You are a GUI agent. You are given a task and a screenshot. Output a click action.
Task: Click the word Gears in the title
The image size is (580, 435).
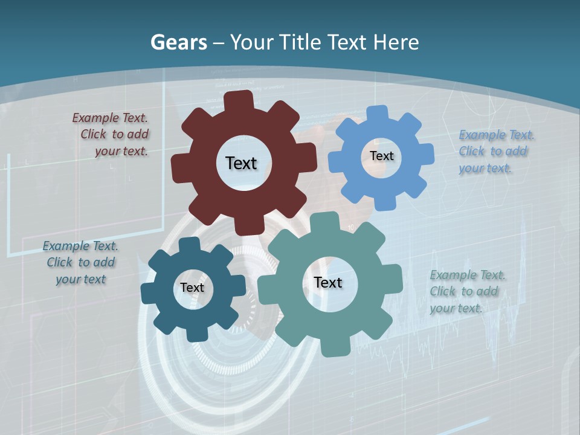179,42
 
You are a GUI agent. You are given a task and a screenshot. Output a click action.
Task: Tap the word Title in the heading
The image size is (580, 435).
300,42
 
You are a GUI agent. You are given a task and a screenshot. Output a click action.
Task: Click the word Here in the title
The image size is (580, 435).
396,42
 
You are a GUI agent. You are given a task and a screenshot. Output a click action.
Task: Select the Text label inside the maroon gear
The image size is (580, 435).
241,163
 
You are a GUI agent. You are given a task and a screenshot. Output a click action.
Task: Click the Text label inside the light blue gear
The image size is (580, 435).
381,156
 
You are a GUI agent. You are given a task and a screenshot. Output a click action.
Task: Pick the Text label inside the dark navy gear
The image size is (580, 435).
192,288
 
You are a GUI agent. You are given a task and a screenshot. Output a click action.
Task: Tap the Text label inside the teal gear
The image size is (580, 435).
328,282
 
